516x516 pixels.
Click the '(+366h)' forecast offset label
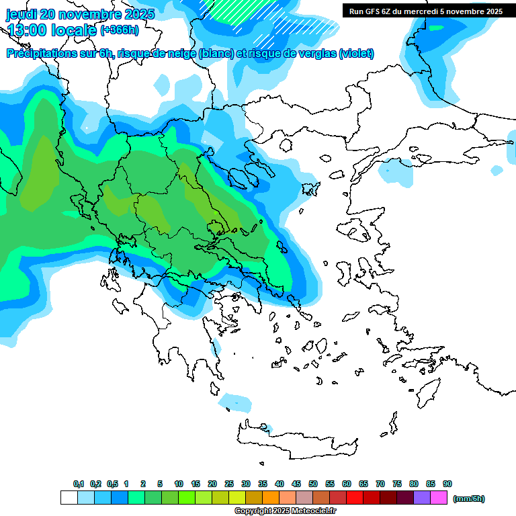(x=120, y=30)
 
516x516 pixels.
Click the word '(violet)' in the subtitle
(x=356, y=54)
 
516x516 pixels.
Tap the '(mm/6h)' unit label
(x=468, y=499)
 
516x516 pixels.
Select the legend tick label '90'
(x=447, y=484)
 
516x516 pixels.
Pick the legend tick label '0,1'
(x=79, y=484)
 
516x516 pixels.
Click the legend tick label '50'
(x=313, y=484)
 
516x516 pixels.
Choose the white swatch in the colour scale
(x=69, y=498)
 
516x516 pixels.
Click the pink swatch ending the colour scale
(x=439, y=498)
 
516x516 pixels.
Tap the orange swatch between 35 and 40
(x=271, y=498)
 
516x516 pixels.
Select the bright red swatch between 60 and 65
(x=355, y=498)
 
